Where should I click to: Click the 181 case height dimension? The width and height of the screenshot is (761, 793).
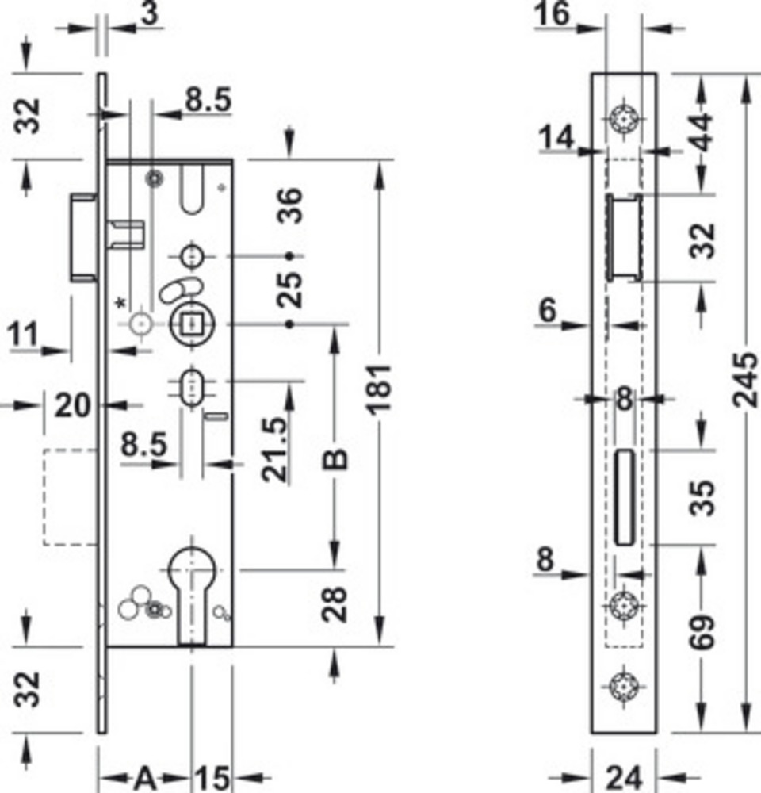380,389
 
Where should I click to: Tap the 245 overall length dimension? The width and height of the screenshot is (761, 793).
746,380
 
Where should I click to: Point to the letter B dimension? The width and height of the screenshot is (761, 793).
335,458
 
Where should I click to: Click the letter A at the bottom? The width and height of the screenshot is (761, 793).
145,777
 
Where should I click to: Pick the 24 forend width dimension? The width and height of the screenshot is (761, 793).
624,778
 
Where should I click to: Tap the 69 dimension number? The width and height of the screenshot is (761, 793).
703,632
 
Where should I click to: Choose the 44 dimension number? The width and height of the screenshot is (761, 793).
702,132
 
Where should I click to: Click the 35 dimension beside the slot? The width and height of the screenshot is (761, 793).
703,498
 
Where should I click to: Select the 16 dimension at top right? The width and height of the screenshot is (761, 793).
553,13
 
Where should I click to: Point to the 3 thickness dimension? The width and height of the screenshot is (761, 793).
150,13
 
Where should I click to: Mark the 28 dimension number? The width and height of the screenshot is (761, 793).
335,603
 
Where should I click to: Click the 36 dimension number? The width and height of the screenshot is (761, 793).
290,205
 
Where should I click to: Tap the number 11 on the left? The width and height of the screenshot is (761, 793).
23,334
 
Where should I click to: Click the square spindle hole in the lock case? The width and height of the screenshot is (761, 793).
190,324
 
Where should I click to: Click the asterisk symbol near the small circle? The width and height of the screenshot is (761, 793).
120,304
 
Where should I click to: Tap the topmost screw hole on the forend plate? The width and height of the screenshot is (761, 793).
624,120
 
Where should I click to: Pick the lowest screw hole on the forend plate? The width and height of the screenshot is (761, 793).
624,687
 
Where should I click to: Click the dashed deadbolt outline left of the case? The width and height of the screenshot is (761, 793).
44,497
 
